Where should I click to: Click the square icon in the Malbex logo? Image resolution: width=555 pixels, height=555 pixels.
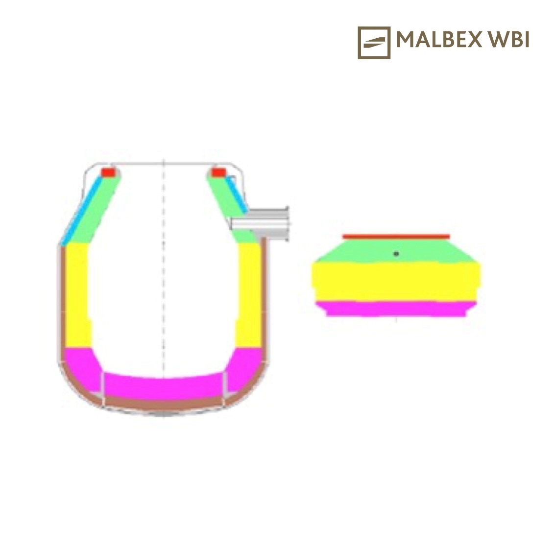[374, 43]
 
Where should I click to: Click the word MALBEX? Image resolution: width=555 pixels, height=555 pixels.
[439, 39]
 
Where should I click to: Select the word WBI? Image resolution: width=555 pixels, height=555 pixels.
[509, 39]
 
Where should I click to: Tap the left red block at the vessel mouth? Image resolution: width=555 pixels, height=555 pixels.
[108, 173]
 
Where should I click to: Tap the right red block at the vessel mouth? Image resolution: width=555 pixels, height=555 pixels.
[219, 173]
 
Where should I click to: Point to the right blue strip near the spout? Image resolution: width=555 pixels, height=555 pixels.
[237, 194]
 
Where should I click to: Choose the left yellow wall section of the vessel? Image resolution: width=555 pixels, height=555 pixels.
[78, 295]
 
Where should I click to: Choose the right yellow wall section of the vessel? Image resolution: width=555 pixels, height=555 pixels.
[249, 295]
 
